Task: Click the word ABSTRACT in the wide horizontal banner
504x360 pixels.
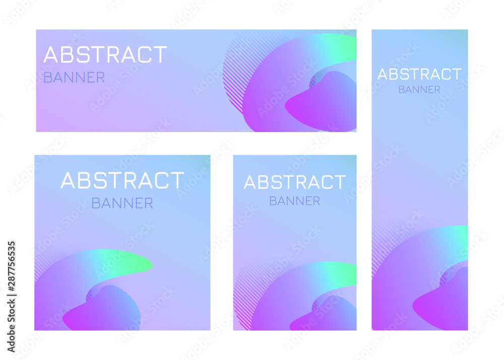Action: coord(105,54)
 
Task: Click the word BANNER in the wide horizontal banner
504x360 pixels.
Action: coord(74,78)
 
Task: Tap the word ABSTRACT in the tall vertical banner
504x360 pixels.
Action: coord(419,74)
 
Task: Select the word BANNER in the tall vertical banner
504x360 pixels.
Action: coord(419,90)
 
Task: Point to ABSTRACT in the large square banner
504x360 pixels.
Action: coord(122,181)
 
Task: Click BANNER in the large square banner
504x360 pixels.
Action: coord(122,203)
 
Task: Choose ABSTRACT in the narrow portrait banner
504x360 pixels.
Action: coord(295,182)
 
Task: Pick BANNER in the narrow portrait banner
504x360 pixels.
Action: coord(295,201)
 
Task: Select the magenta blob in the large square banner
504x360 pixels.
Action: coord(103,310)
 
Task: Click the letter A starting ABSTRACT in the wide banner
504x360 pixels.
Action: coord(50,54)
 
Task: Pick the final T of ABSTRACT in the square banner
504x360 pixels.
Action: coord(178,181)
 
